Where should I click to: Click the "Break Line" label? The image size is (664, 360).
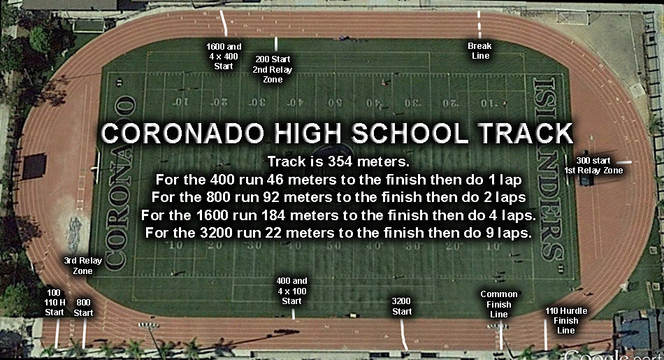click(x=479, y=51)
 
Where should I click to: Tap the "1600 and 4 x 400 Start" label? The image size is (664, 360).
click(x=224, y=57)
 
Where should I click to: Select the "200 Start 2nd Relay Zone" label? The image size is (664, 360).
click(x=273, y=69)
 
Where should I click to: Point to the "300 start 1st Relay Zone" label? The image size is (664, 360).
click(x=593, y=166)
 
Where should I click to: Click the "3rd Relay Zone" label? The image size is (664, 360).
click(x=83, y=266)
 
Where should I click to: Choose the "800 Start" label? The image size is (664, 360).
click(x=83, y=308)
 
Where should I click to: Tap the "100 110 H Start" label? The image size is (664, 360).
click(x=55, y=303)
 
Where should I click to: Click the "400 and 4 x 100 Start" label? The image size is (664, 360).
click(x=291, y=291)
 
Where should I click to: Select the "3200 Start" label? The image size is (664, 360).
click(x=401, y=306)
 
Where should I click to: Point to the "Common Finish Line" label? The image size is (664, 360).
click(x=499, y=304)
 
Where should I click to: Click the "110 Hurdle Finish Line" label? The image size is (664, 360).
click(x=565, y=321)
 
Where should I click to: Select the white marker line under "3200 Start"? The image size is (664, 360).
click(x=404, y=334)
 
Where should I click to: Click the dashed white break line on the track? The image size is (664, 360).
click(x=479, y=24)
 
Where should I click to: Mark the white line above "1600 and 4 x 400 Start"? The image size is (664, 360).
click(x=224, y=23)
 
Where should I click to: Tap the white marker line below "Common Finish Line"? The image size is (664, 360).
click(x=501, y=335)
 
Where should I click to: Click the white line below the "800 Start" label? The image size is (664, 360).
click(x=85, y=333)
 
